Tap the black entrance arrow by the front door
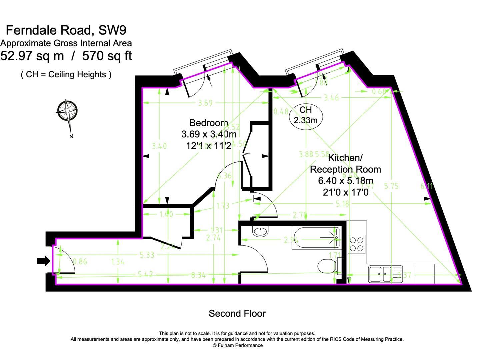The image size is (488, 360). coord(43,261)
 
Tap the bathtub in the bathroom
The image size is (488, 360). coord(316,238)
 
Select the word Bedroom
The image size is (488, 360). coord(209,123)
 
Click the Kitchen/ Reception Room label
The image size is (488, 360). coord(345,163)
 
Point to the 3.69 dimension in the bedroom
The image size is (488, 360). coord(205,103)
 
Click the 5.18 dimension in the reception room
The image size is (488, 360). coord(342,204)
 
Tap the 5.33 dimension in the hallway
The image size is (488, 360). coord(147,255)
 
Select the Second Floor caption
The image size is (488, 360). coord(237,313)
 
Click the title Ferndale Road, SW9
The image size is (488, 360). coord(66,30)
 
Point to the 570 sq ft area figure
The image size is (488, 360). coord(107,56)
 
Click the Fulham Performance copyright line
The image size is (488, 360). coord(237,345)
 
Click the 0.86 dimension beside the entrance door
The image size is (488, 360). coord(80,262)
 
